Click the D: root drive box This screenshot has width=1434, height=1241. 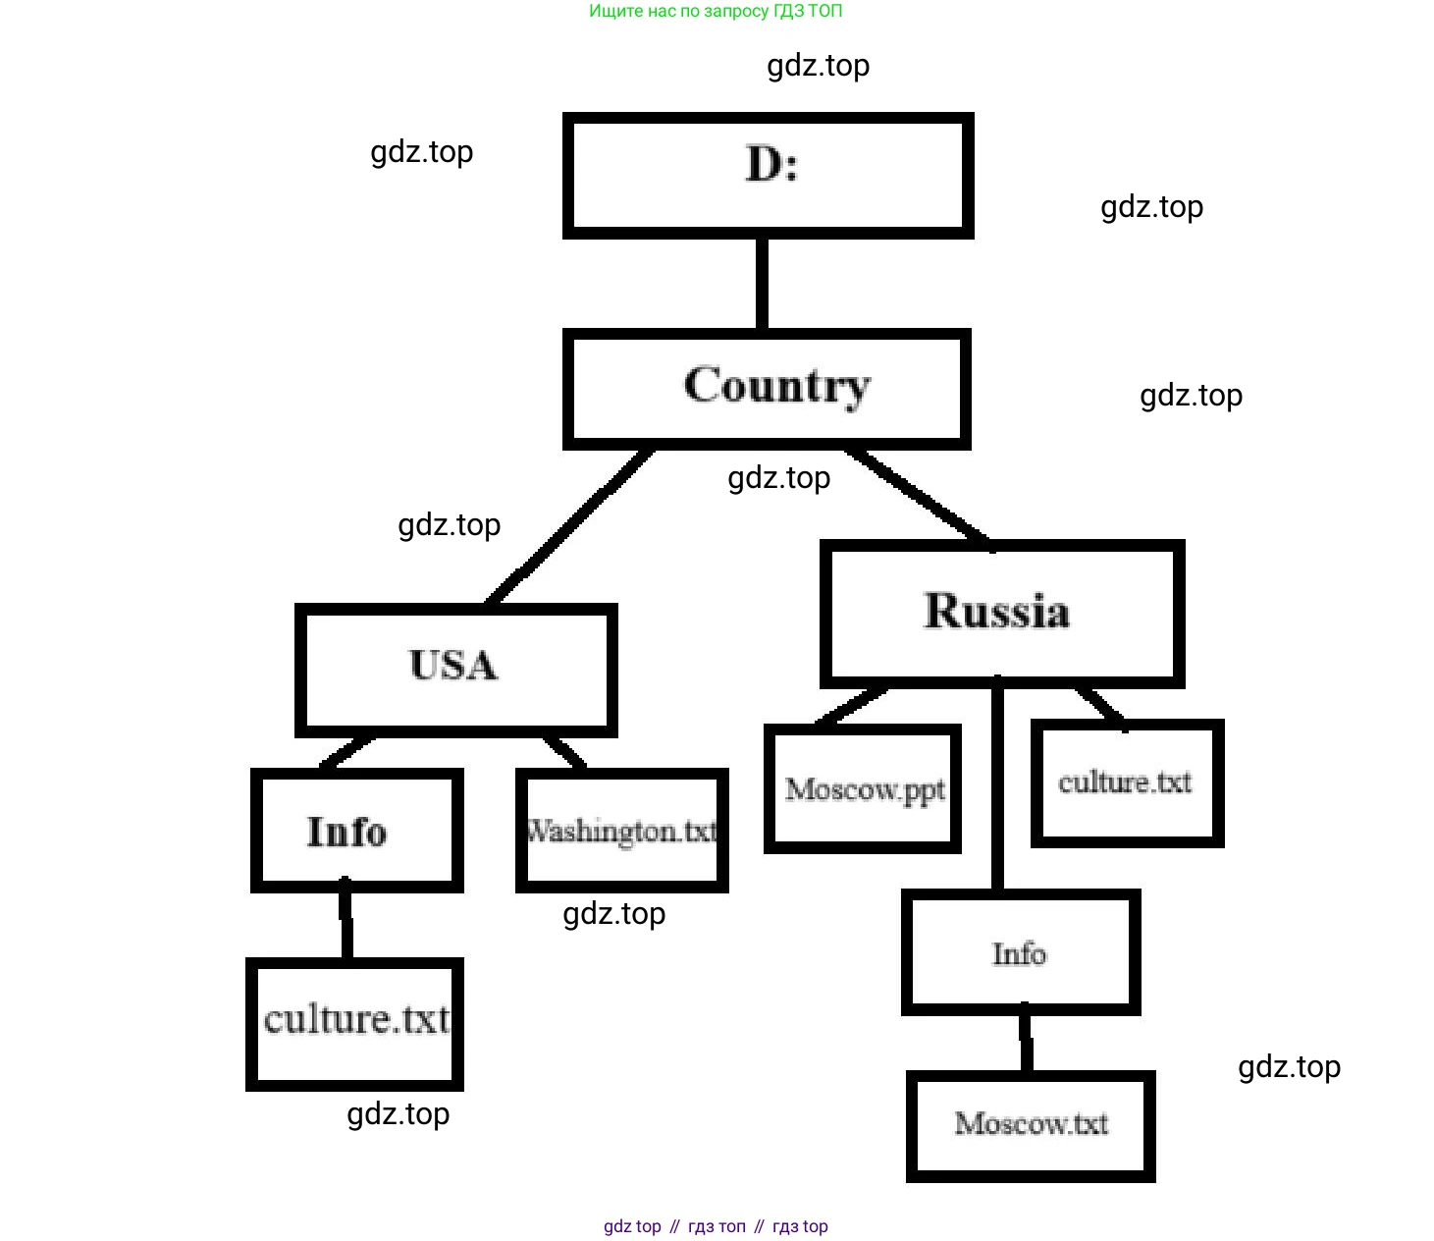768,175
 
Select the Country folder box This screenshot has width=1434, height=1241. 767,389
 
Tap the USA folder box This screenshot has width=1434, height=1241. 455,669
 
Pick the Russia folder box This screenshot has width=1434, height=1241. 1001,613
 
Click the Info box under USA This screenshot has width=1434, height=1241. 356,831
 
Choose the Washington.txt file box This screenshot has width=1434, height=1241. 621,831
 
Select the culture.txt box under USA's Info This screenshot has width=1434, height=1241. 354,1023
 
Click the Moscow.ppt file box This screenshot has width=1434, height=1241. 862,788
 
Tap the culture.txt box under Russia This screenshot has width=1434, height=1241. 1127,782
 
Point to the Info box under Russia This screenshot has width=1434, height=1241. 1020,952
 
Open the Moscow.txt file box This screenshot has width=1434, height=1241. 1030,1125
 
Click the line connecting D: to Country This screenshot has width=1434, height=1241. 762,283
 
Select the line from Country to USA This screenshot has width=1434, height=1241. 569,526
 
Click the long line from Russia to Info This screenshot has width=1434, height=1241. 997,785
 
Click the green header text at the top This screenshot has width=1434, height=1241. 716,12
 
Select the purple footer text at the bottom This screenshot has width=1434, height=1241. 716,1226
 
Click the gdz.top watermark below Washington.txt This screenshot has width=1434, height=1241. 613,914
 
